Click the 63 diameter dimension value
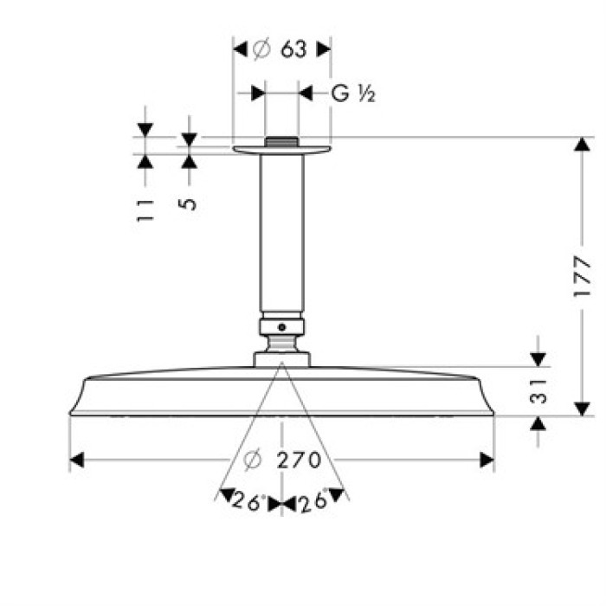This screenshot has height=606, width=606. pos(293,49)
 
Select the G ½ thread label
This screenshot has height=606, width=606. pos(353,93)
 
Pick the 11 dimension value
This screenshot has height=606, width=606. pos(145,210)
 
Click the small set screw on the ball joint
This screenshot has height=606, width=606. pos(280,327)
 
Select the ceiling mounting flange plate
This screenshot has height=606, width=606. pos(281,151)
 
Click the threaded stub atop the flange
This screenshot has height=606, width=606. pos(281,142)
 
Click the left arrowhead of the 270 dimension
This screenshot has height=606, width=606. pos(77,460)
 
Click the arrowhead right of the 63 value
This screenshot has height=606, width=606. pos(323,49)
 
